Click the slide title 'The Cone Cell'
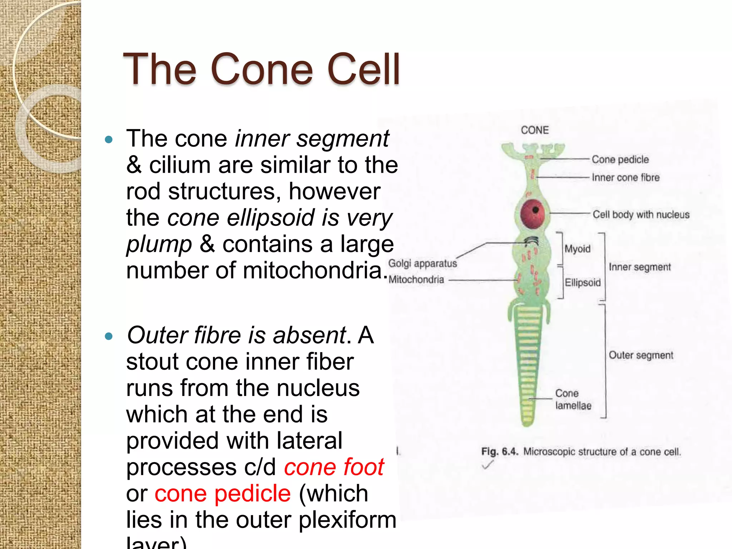click(261, 69)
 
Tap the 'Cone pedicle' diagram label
click(620, 159)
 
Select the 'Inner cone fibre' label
click(625, 178)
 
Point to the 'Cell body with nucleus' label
click(641, 214)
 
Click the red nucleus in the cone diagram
click(533, 214)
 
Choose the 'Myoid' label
click(577, 249)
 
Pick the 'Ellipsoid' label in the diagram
click(583, 283)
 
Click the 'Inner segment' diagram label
click(640, 267)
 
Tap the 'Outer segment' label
click(641, 355)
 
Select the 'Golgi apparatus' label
click(422, 263)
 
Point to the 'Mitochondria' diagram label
click(416, 280)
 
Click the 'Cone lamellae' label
click(573, 400)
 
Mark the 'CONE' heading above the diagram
click(535, 130)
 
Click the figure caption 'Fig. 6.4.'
click(499, 451)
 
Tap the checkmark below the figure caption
click(488, 465)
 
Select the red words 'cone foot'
click(334, 467)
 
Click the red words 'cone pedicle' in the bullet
click(223, 494)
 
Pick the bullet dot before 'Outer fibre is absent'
click(109, 336)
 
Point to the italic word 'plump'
click(159, 244)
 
